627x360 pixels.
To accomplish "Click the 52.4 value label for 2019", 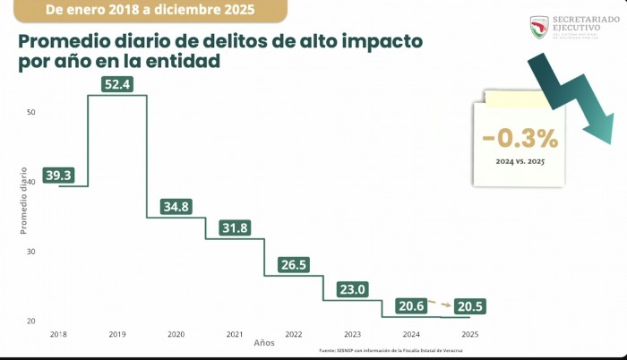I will [117, 86].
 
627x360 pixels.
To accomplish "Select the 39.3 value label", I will [59, 176].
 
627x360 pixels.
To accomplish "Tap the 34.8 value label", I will [176, 207].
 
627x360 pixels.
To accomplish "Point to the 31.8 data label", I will [236, 227].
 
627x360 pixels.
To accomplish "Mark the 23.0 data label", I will [352, 289].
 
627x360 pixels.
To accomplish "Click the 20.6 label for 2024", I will [410, 306].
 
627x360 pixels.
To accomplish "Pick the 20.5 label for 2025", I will [470, 306].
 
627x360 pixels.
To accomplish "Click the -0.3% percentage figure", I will [520, 139].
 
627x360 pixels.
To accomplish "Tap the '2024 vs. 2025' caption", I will [520, 162].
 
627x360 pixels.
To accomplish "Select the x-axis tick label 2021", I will [235, 334].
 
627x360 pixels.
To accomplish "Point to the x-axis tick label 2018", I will [59, 334].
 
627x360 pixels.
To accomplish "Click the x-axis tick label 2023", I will [352, 334].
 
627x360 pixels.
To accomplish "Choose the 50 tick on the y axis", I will [30, 112].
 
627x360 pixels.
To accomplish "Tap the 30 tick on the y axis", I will [30, 252].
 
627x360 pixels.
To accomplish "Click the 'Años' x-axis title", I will [264, 344].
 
